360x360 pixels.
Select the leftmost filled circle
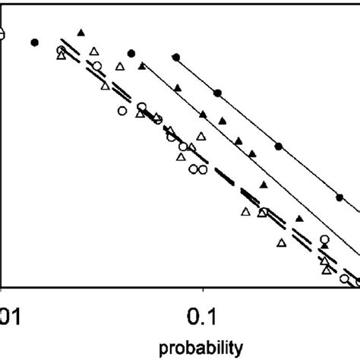tap(34, 43)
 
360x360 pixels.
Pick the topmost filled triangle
tap(81, 32)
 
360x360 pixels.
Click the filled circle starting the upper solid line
tap(176, 58)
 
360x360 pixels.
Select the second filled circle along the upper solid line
tap(217, 93)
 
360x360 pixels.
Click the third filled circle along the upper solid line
tap(278, 146)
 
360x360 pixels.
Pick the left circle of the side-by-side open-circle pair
tap(194, 169)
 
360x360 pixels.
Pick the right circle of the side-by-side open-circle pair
tap(203, 169)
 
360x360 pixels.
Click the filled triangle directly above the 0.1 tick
tap(203, 114)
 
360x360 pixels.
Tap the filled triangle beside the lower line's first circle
tap(142, 67)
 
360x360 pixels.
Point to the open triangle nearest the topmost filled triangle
tap(93, 51)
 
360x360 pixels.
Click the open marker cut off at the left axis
tap(2, 33)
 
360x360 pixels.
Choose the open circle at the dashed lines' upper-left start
tap(62, 51)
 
